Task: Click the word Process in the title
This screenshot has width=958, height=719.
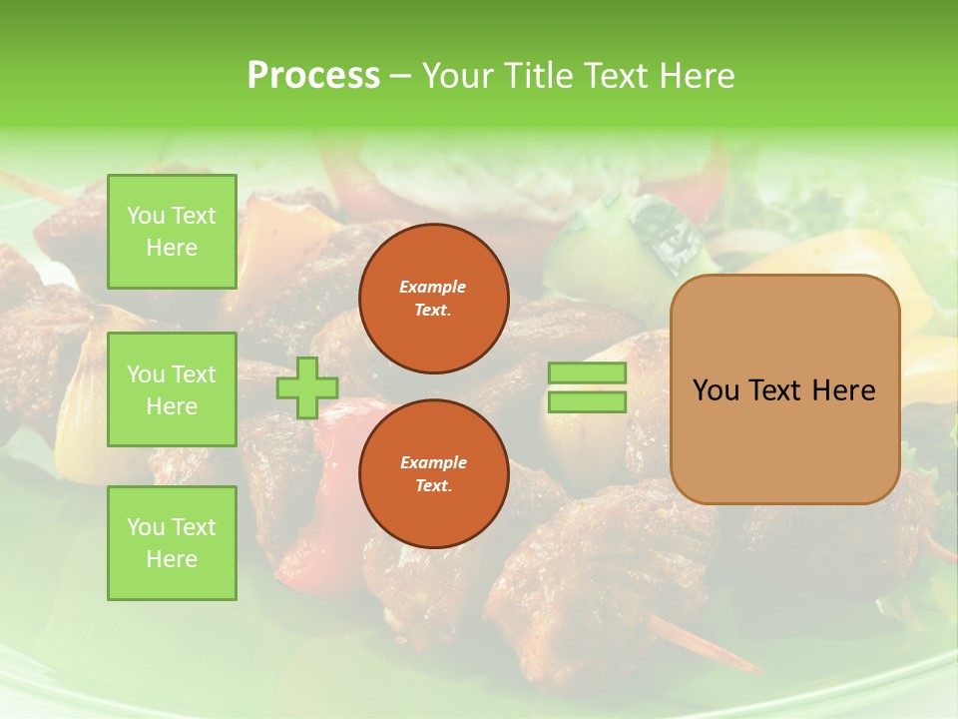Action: [313, 76]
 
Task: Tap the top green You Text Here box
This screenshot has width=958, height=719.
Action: [172, 232]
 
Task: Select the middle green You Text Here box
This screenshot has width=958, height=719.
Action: [172, 389]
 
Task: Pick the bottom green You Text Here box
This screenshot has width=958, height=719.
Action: [172, 543]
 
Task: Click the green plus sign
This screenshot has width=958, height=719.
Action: [307, 387]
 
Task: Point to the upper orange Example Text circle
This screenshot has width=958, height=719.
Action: [433, 299]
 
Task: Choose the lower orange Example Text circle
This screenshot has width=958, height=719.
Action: [433, 473]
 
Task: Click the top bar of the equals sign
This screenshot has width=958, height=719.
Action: [587, 373]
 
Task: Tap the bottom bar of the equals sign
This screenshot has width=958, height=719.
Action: [587, 402]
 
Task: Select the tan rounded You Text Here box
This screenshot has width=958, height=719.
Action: [784, 389]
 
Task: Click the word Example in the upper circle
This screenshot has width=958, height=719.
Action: [433, 287]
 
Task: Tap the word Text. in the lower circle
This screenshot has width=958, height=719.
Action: [433, 485]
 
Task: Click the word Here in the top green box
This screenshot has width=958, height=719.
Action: [172, 248]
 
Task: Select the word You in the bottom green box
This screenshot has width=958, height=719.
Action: [146, 527]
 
